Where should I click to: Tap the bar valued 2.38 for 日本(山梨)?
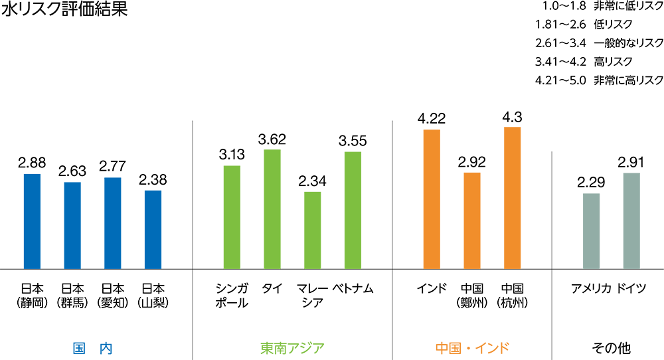(153, 229)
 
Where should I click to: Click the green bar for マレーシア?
(312, 230)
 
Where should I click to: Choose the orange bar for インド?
(432, 199)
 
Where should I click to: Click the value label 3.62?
(272, 139)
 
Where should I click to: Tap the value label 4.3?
(512, 117)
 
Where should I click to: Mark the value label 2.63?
(72, 172)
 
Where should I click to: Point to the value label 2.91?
(631, 163)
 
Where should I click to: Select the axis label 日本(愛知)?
(112, 296)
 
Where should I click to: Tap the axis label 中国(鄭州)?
(472, 296)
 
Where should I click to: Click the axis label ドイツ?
(631, 288)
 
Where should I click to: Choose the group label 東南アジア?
(292, 347)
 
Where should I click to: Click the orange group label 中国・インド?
(472, 347)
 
